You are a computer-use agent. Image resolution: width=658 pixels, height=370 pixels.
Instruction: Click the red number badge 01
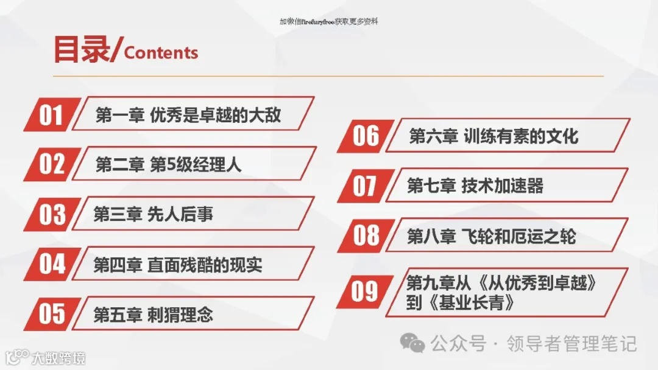(x=52, y=114)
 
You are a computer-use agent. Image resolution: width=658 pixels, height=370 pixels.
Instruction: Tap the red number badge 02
(x=52, y=164)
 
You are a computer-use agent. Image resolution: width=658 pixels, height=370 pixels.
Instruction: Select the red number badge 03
(x=52, y=214)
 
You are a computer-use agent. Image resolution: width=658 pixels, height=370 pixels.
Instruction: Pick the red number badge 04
(x=52, y=264)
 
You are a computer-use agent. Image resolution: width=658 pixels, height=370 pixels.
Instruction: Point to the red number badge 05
(x=52, y=313)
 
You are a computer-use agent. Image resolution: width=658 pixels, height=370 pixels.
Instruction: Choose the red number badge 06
(x=366, y=136)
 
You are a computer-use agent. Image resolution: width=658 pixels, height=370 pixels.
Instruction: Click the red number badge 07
(x=366, y=186)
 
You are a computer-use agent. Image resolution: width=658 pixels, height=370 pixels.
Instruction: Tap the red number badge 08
(x=366, y=236)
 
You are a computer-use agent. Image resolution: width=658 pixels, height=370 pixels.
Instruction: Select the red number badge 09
(x=366, y=291)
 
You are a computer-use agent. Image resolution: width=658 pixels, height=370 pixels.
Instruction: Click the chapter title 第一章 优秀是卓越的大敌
(x=188, y=115)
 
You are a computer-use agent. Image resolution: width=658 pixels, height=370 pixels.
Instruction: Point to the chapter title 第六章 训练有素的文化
(x=493, y=136)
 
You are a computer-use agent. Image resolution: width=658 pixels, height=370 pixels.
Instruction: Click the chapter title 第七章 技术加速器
(x=475, y=186)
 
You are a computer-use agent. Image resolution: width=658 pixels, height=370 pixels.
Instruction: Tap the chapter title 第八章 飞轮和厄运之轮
(x=491, y=236)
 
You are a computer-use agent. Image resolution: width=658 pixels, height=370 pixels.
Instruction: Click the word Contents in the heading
(x=161, y=52)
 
